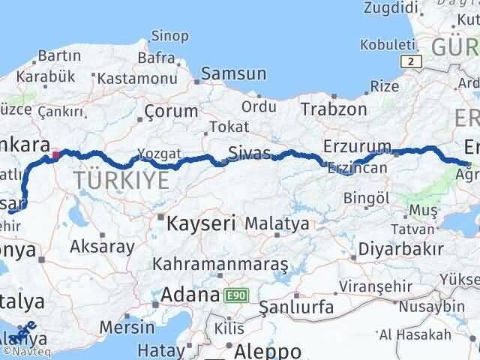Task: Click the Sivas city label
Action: tap(250, 154)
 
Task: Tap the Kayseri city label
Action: tap(201, 222)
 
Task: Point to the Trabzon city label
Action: tap(334, 109)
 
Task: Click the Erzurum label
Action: tap(357, 146)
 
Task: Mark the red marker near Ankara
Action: tap(55, 157)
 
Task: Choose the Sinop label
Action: tap(169, 34)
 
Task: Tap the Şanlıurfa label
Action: tap(295, 307)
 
